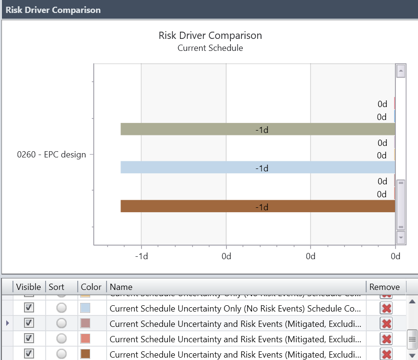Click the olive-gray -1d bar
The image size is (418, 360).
pos(258,129)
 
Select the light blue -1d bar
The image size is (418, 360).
pos(258,167)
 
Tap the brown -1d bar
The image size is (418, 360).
pos(258,206)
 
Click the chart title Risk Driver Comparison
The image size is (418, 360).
pos(210,36)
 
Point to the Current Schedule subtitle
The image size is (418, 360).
pos(210,48)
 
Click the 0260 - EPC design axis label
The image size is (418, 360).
pos(51,155)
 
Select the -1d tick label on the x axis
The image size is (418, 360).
pos(141,256)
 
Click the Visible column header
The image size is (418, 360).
pos(28,287)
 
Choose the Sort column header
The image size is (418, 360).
pos(57,287)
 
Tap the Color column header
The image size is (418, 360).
pos(91,287)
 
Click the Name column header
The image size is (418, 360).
pos(121,287)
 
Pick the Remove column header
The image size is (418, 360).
pos(384,287)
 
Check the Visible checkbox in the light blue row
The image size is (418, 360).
pos(29,307)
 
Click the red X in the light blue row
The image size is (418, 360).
pos(386,308)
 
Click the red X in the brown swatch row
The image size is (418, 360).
pos(386,354)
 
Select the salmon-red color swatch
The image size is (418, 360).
pos(85,339)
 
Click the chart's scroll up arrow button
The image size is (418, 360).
pos(401,71)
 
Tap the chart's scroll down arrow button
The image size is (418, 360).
pos(401,238)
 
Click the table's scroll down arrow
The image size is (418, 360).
pos(412,355)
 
